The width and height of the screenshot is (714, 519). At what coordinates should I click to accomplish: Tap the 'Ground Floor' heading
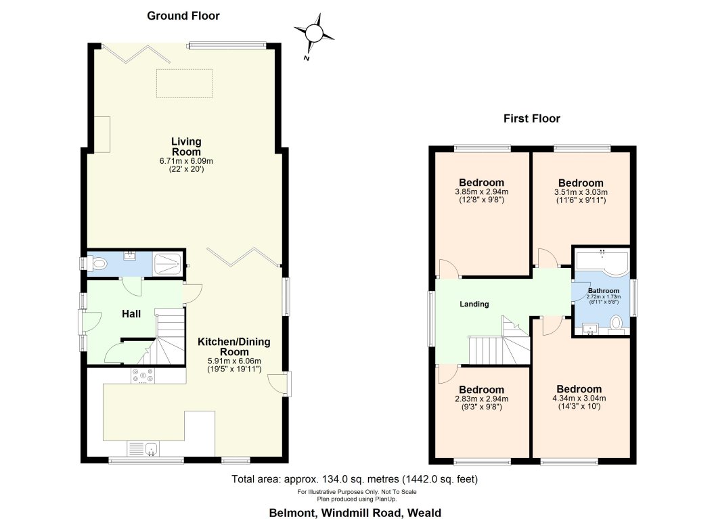pyautogui.click(x=183, y=16)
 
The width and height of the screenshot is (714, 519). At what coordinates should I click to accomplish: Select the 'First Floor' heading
pyautogui.click(x=531, y=118)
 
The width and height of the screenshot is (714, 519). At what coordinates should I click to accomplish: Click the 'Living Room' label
pyautogui.click(x=186, y=146)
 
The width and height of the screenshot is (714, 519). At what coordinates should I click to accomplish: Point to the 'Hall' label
pyautogui.click(x=131, y=314)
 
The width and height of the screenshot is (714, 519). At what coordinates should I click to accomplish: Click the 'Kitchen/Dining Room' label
pyautogui.click(x=233, y=347)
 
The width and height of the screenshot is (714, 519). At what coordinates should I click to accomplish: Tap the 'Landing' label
pyautogui.click(x=474, y=304)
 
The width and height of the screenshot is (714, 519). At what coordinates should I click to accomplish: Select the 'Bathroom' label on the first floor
pyautogui.click(x=602, y=291)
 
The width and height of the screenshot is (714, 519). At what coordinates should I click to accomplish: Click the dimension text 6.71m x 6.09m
pyautogui.click(x=186, y=161)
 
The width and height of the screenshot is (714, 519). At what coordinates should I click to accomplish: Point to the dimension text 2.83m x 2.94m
pyautogui.click(x=481, y=399)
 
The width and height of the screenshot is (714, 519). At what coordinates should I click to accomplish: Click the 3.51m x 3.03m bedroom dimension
pyautogui.click(x=580, y=192)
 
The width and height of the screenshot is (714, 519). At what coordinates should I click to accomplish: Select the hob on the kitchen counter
pyautogui.click(x=143, y=376)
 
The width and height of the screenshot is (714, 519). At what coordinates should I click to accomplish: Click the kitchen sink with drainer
pyautogui.click(x=143, y=449)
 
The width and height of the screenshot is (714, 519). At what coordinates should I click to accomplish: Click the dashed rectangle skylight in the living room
pyautogui.click(x=185, y=83)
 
